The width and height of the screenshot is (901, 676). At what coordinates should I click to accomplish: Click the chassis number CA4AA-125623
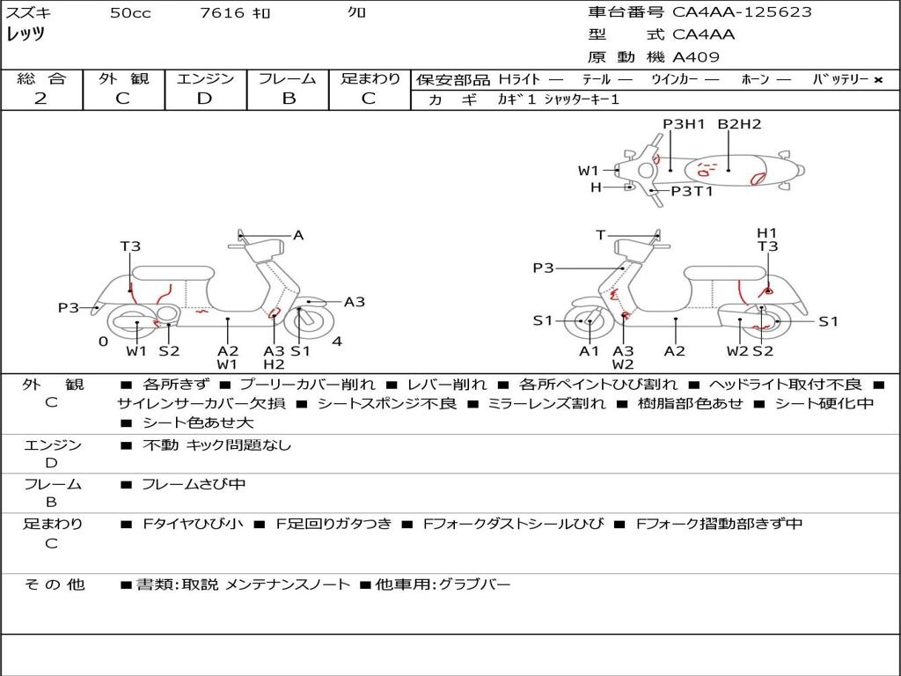pyautogui.click(x=742, y=12)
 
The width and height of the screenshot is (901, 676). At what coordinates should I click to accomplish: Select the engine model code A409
pyautogui.click(x=696, y=57)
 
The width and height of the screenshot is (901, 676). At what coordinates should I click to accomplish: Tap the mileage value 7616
pyautogui.click(x=222, y=13)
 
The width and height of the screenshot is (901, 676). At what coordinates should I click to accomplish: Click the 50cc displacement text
pyautogui.click(x=130, y=13)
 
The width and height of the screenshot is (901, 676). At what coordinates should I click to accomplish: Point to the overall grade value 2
pyautogui.click(x=40, y=99)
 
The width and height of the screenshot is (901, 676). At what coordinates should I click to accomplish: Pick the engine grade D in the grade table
pyautogui.click(x=204, y=99)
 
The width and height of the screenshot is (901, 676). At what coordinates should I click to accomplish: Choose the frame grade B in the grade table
pyautogui.click(x=289, y=99)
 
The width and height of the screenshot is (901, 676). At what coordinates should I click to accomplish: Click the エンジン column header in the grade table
pyautogui.click(x=205, y=79)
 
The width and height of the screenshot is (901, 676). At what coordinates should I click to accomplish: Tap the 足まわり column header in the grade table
pyautogui.click(x=370, y=79)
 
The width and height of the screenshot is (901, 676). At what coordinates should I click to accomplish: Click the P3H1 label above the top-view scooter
pyautogui.click(x=684, y=124)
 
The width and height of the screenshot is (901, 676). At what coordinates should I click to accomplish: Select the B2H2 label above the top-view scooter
pyautogui.click(x=739, y=124)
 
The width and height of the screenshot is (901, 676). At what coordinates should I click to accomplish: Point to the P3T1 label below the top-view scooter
pyautogui.click(x=692, y=191)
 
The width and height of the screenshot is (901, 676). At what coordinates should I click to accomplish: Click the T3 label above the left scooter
pyautogui.click(x=130, y=246)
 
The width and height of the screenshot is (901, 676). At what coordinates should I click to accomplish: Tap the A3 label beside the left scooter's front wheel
pyautogui.click(x=354, y=302)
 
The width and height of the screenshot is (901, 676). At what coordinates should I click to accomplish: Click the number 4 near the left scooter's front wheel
pyautogui.click(x=337, y=342)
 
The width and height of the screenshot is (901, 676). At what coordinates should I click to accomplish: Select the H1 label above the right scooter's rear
pyautogui.click(x=767, y=232)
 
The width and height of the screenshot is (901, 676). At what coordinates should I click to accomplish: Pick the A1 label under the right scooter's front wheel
pyautogui.click(x=589, y=351)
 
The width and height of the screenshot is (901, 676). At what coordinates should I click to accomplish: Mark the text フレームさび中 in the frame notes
pyautogui.click(x=194, y=484)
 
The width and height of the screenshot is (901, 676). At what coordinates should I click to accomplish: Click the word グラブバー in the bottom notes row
pyautogui.click(x=474, y=584)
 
